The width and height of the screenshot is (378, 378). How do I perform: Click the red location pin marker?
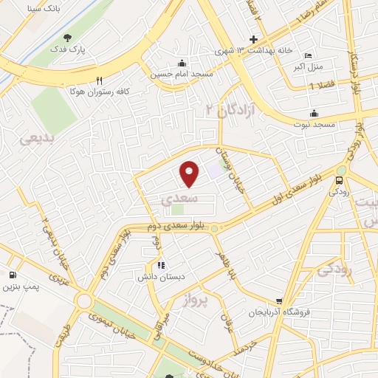(190, 173)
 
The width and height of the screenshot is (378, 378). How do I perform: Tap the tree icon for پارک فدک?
(69, 38)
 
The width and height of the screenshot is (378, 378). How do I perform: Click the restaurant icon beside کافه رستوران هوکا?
(99, 80)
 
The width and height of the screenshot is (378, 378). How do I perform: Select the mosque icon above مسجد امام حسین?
(182, 62)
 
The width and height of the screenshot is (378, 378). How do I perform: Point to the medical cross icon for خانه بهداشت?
(253, 39)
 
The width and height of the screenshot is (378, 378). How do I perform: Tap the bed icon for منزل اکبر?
(308, 56)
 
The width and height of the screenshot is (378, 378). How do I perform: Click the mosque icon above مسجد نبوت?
(315, 113)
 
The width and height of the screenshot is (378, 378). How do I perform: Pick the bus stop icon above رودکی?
(340, 180)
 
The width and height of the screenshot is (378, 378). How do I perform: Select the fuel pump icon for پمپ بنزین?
(13, 275)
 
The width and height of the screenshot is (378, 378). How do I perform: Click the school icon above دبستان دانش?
(162, 265)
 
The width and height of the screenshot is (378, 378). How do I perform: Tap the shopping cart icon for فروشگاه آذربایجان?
(278, 300)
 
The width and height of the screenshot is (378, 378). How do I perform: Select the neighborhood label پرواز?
(195, 298)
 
